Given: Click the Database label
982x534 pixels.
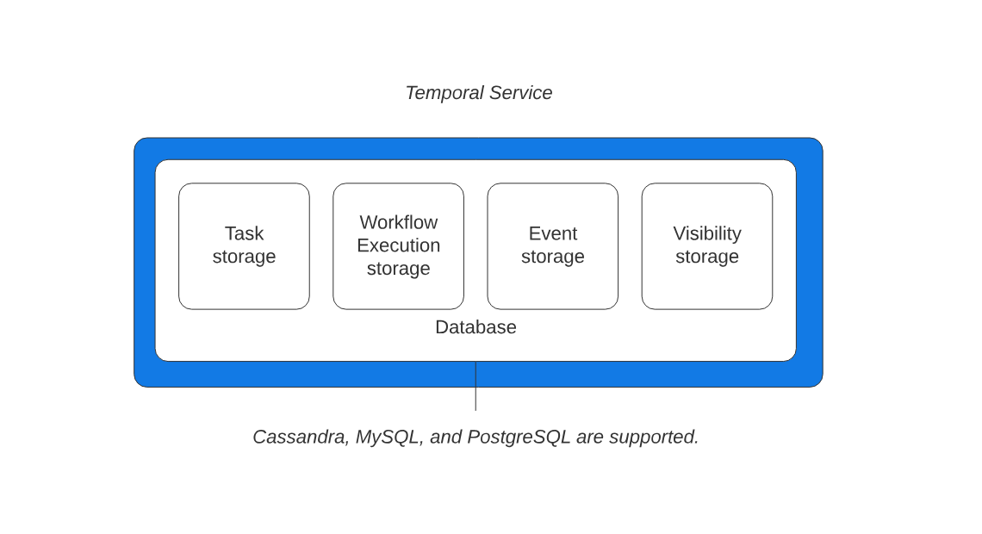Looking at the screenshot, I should point(475,327).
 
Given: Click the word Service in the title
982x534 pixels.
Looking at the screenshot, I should point(520,93).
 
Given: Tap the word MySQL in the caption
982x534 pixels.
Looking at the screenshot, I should point(388,437).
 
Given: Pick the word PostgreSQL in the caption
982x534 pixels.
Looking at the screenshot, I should point(519,437).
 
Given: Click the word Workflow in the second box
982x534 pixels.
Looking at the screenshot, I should point(398,222).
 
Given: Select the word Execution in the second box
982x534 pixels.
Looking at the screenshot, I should point(398,245).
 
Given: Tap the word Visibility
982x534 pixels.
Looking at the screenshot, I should point(706,233).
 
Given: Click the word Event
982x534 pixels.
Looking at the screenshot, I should point(552,233).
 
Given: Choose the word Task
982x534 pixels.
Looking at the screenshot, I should point(244,233).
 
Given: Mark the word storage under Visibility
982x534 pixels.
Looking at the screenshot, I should point(706,257).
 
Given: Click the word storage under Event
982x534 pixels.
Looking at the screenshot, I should point(552,257).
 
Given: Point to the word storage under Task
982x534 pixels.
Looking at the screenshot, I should point(244,257).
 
